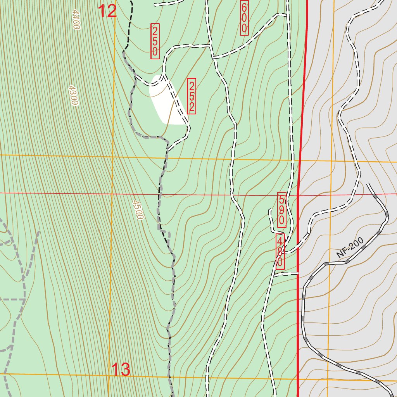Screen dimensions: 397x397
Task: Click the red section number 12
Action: coord(107,11)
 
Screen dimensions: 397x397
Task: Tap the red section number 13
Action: coord(121,370)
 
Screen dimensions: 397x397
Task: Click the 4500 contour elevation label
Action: coord(138,210)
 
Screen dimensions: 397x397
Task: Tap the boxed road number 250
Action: coord(155,41)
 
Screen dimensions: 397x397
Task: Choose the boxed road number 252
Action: coord(191,96)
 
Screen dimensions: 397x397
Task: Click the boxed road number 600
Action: coord(244,18)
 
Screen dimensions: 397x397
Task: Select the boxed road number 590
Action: coord(282,210)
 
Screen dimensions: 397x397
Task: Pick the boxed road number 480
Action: coord(280,252)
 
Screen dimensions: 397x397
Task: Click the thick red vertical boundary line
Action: coord(301,116)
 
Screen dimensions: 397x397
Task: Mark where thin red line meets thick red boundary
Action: coord(298,195)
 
